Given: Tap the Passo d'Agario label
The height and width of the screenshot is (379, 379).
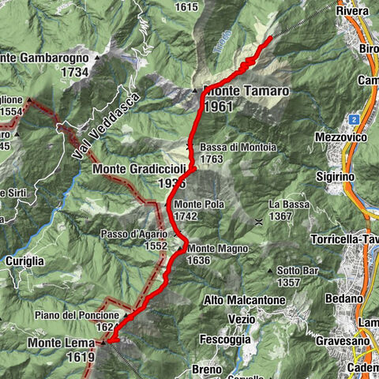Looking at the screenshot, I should click(x=133, y=235).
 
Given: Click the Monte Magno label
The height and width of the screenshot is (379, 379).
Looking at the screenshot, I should click(x=217, y=249).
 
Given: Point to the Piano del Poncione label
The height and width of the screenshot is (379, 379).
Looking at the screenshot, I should click(x=87, y=315).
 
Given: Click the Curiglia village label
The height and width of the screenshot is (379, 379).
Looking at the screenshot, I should click(x=23, y=261).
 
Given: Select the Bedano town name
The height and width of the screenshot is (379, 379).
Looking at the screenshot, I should click(x=346, y=298).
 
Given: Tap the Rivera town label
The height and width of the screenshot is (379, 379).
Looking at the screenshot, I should click(x=352, y=12).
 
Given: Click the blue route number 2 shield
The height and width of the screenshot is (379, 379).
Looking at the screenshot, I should click(x=355, y=118).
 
